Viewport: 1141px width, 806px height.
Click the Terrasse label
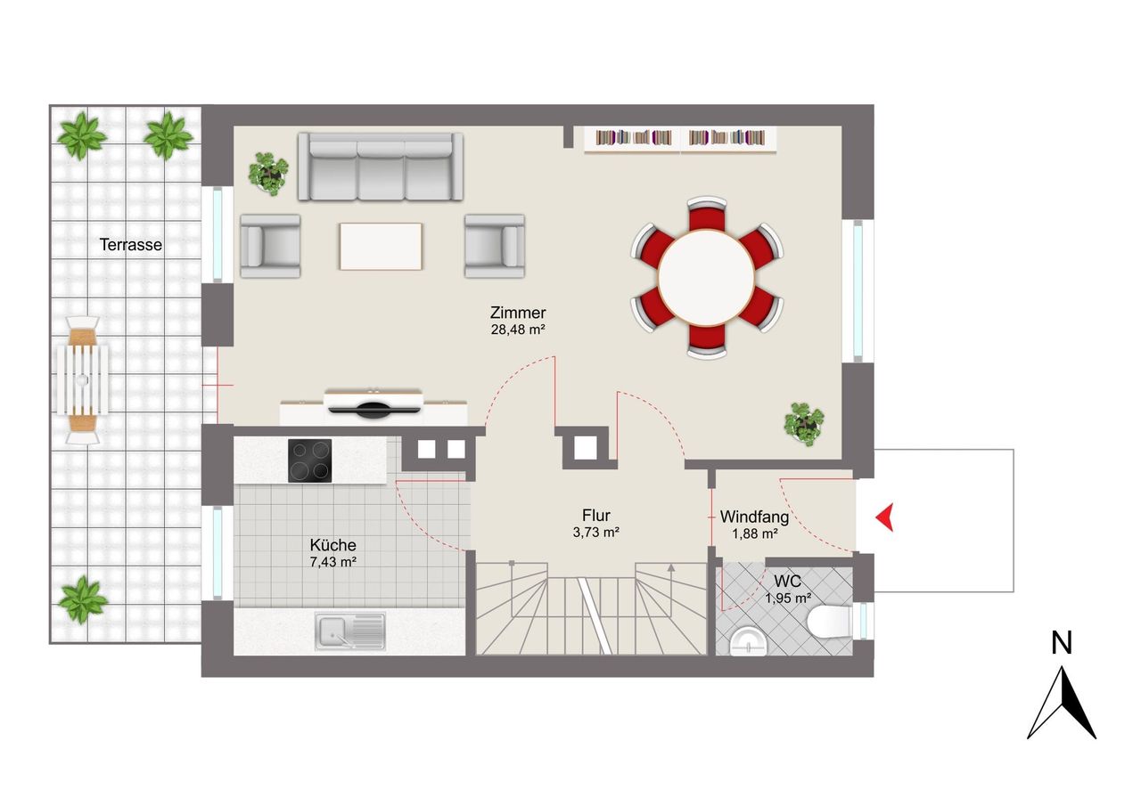click(131, 245)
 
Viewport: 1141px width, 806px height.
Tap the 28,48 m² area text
click(518, 330)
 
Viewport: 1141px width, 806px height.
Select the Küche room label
click(333, 545)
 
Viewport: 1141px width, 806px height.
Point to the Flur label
click(596, 515)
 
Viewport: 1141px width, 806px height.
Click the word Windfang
click(754, 517)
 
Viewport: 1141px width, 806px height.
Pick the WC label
click(787, 581)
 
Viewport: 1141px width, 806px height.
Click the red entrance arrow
click(885, 517)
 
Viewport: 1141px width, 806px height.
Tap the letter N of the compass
click(1062, 643)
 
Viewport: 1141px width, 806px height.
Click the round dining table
click(707, 278)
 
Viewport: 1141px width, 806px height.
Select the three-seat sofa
click(381, 167)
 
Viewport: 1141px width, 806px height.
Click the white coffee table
click(381, 247)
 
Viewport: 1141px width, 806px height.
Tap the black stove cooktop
click(309, 460)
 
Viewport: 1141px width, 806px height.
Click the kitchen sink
click(350, 631)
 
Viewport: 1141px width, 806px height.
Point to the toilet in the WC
click(830, 622)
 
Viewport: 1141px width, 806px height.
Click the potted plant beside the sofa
click(268, 174)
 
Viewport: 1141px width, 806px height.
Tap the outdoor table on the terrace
click(83, 379)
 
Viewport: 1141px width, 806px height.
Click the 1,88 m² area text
click(755, 533)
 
